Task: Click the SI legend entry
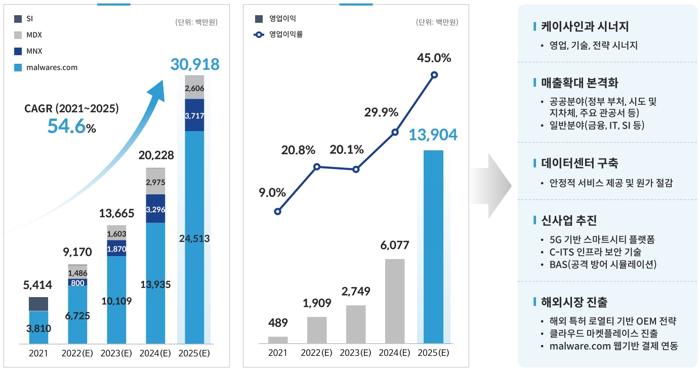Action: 24,19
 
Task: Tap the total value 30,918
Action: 195,64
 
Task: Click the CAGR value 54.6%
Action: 71,127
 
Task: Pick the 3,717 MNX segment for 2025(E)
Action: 194,115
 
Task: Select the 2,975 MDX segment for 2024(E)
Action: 155,182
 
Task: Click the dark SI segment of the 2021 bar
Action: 38,304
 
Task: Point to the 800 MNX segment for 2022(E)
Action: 77,282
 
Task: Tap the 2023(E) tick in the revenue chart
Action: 117,353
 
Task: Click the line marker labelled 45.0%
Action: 434,75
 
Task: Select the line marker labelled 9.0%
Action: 277,212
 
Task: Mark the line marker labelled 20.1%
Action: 356,170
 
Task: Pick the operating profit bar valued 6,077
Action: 395,301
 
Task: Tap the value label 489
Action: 277,322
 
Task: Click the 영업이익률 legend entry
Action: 278,35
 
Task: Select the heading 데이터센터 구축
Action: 579,163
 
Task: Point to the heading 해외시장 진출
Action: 574,302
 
